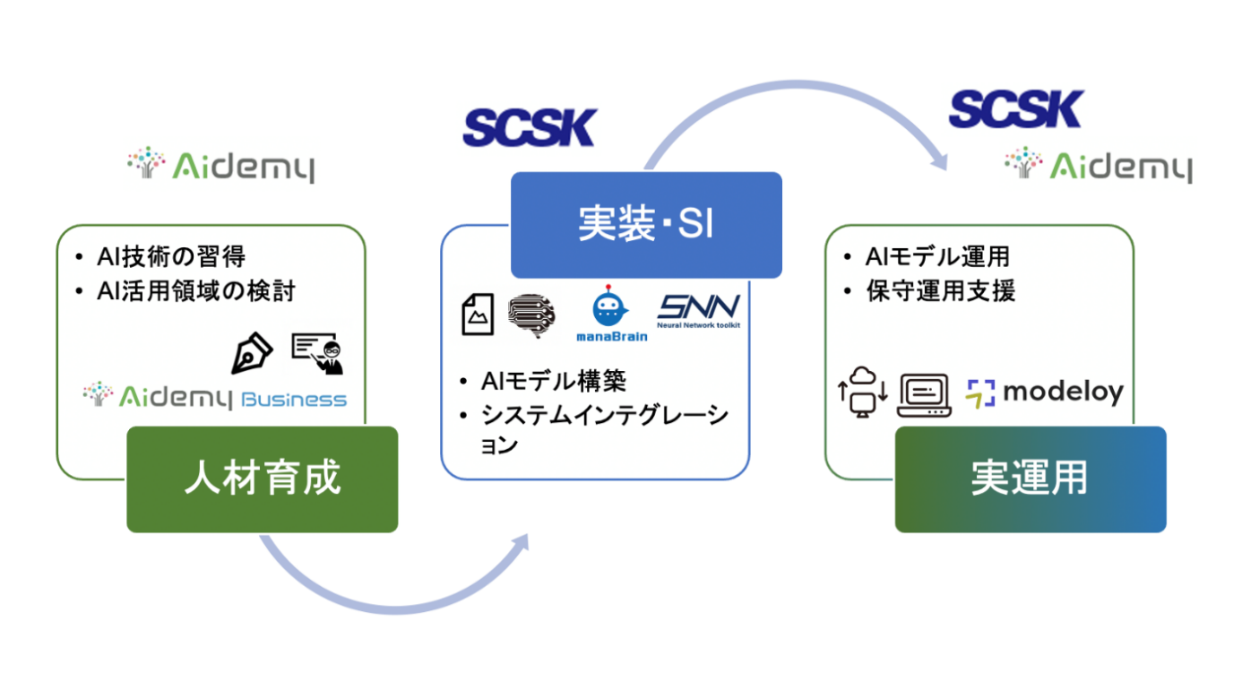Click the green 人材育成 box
point(263,479)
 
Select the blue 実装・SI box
point(646,225)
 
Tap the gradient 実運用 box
point(1031,479)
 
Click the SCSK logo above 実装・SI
point(530,129)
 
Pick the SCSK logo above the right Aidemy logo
point(1015,108)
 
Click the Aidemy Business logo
point(214,397)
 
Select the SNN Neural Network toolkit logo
point(699,313)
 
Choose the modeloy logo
point(1045,392)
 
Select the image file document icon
point(478,315)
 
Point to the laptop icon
point(924,393)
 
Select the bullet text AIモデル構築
point(552,380)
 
